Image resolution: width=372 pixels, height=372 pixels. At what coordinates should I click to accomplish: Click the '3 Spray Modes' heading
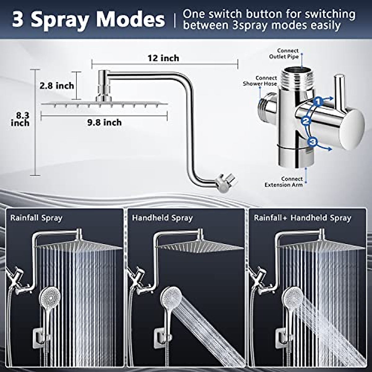click(88, 20)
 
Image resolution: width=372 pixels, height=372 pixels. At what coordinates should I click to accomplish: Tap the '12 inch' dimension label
click(163, 58)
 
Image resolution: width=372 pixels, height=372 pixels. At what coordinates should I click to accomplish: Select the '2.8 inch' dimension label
click(57, 86)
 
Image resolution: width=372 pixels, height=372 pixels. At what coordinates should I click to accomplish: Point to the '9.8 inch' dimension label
click(104, 122)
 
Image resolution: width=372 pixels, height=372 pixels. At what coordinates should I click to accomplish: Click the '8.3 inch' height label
click(20, 119)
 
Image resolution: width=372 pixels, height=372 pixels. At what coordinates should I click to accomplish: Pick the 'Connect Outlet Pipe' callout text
click(284, 53)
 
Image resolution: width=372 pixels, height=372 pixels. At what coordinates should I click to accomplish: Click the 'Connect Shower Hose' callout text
click(260, 81)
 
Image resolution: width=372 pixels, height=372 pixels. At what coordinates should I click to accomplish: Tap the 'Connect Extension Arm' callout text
click(284, 182)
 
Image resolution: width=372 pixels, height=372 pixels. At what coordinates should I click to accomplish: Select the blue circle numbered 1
click(318, 101)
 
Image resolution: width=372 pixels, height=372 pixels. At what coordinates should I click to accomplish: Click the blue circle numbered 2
click(306, 121)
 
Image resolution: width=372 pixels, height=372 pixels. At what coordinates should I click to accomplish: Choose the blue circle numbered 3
click(313, 142)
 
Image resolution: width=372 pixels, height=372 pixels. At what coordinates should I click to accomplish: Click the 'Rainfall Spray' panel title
click(36, 218)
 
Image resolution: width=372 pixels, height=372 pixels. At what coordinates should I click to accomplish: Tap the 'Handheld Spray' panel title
click(162, 218)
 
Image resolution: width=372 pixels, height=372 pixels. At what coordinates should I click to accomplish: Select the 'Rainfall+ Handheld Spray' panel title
click(302, 218)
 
